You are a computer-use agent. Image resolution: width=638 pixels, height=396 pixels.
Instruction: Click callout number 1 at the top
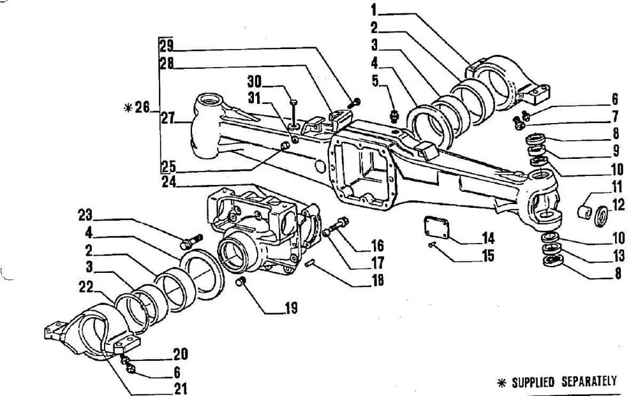point(374,10)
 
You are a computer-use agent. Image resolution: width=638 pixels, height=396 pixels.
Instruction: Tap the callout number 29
point(167,46)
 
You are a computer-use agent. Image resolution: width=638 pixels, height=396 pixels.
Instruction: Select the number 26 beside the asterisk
point(142,108)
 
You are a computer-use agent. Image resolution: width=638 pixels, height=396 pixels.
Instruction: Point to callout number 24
point(169,182)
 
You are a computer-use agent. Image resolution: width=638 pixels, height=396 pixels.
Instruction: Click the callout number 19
point(292,308)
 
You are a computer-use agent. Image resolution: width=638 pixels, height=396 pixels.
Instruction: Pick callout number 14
point(488,238)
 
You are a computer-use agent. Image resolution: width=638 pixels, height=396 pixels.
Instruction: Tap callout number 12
point(618,205)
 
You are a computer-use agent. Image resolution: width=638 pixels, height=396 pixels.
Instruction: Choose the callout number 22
point(86,287)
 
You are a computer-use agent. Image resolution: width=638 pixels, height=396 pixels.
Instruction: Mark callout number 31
point(255,99)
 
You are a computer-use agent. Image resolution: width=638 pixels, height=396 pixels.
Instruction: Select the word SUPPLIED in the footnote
point(533,382)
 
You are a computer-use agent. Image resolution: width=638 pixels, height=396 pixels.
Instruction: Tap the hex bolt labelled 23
point(191,242)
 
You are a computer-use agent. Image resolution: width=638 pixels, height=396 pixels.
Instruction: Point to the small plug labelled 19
point(241,281)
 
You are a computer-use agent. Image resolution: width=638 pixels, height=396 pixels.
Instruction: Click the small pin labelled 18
point(310,263)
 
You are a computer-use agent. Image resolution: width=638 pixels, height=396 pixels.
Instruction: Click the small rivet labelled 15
point(432,244)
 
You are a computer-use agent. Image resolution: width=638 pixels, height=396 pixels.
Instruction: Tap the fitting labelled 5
point(394,116)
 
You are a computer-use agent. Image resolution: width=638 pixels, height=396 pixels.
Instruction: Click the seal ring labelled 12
point(601,216)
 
